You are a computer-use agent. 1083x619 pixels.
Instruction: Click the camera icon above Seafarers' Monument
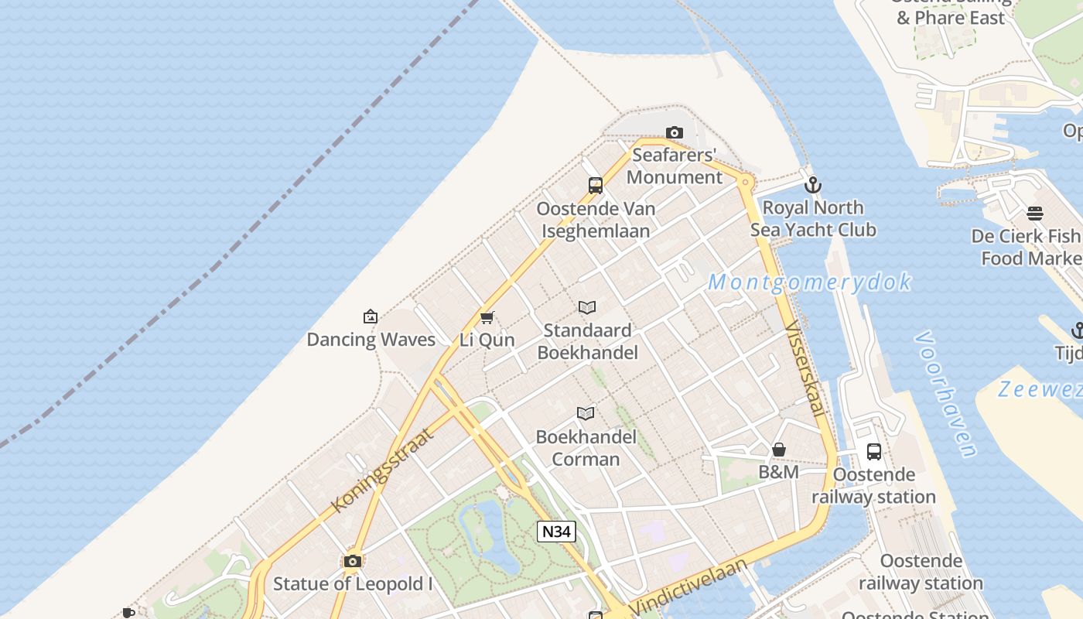click(x=675, y=133)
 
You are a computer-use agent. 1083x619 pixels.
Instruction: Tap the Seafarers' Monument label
click(x=675, y=166)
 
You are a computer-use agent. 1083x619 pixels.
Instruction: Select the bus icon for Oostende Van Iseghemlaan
click(x=596, y=186)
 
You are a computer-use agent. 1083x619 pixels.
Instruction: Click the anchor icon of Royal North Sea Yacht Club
click(x=812, y=185)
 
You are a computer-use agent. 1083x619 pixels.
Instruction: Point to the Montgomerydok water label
click(x=810, y=282)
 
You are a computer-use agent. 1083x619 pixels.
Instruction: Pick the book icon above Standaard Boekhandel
click(x=587, y=307)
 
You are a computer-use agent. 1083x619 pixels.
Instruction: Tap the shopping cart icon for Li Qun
click(x=487, y=317)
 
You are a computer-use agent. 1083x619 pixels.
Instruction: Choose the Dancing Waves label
click(x=371, y=340)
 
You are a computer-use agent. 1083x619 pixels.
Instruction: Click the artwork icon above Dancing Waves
click(x=371, y=316)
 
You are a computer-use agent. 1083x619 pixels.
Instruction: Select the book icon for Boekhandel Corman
click(x=586, y=414)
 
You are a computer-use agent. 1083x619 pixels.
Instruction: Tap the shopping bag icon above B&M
click(x=779, y=450)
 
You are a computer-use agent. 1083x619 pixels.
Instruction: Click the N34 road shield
click(x=557, y=532)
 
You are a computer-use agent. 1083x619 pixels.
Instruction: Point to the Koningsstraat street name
click(x=382, y=470)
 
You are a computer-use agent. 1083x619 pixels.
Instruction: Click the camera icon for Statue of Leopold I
click(x=353, y=561)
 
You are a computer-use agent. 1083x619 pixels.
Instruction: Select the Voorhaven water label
click(x=946, y=394)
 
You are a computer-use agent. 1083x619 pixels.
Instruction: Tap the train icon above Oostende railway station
click(x=874, y=452)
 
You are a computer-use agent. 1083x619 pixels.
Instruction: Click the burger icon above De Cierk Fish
click(x=1035, y=214)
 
